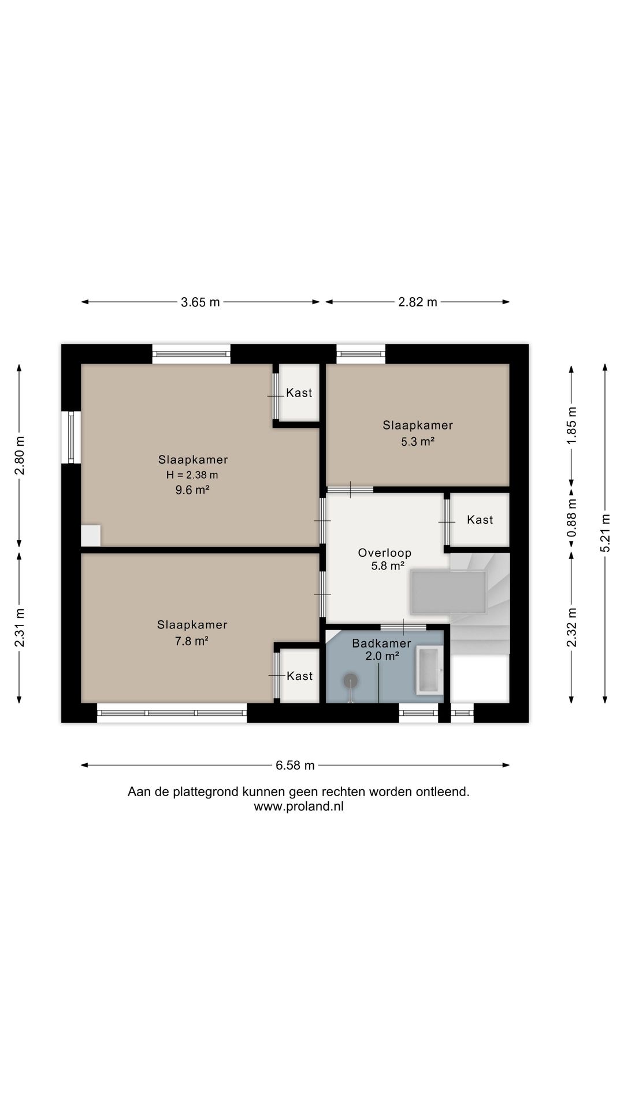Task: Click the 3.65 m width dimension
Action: tap(200, 302)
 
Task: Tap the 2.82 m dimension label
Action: tap(418, 302)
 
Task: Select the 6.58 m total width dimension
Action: tap(295, 765)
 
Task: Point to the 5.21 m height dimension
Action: tap(605, 533)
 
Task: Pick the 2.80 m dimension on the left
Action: tap(19, 454)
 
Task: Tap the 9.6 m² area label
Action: tap(192, 490)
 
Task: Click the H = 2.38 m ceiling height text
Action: tap(192, 475)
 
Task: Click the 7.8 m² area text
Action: tap(191, 641)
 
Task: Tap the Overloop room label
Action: tap(385, 553)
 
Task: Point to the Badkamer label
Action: tap(381, 643)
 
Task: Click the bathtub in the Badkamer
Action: tap(429, 671)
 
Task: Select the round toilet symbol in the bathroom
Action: tap(351, 681)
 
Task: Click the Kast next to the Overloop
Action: tap(480, 520)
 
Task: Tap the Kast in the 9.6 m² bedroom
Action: tap(299, 393)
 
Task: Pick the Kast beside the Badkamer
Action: tap(300, 676)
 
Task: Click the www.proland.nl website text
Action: tap(299, 806)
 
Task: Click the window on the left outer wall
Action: tap(71, 436)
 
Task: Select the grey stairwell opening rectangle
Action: tap(448, 593)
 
